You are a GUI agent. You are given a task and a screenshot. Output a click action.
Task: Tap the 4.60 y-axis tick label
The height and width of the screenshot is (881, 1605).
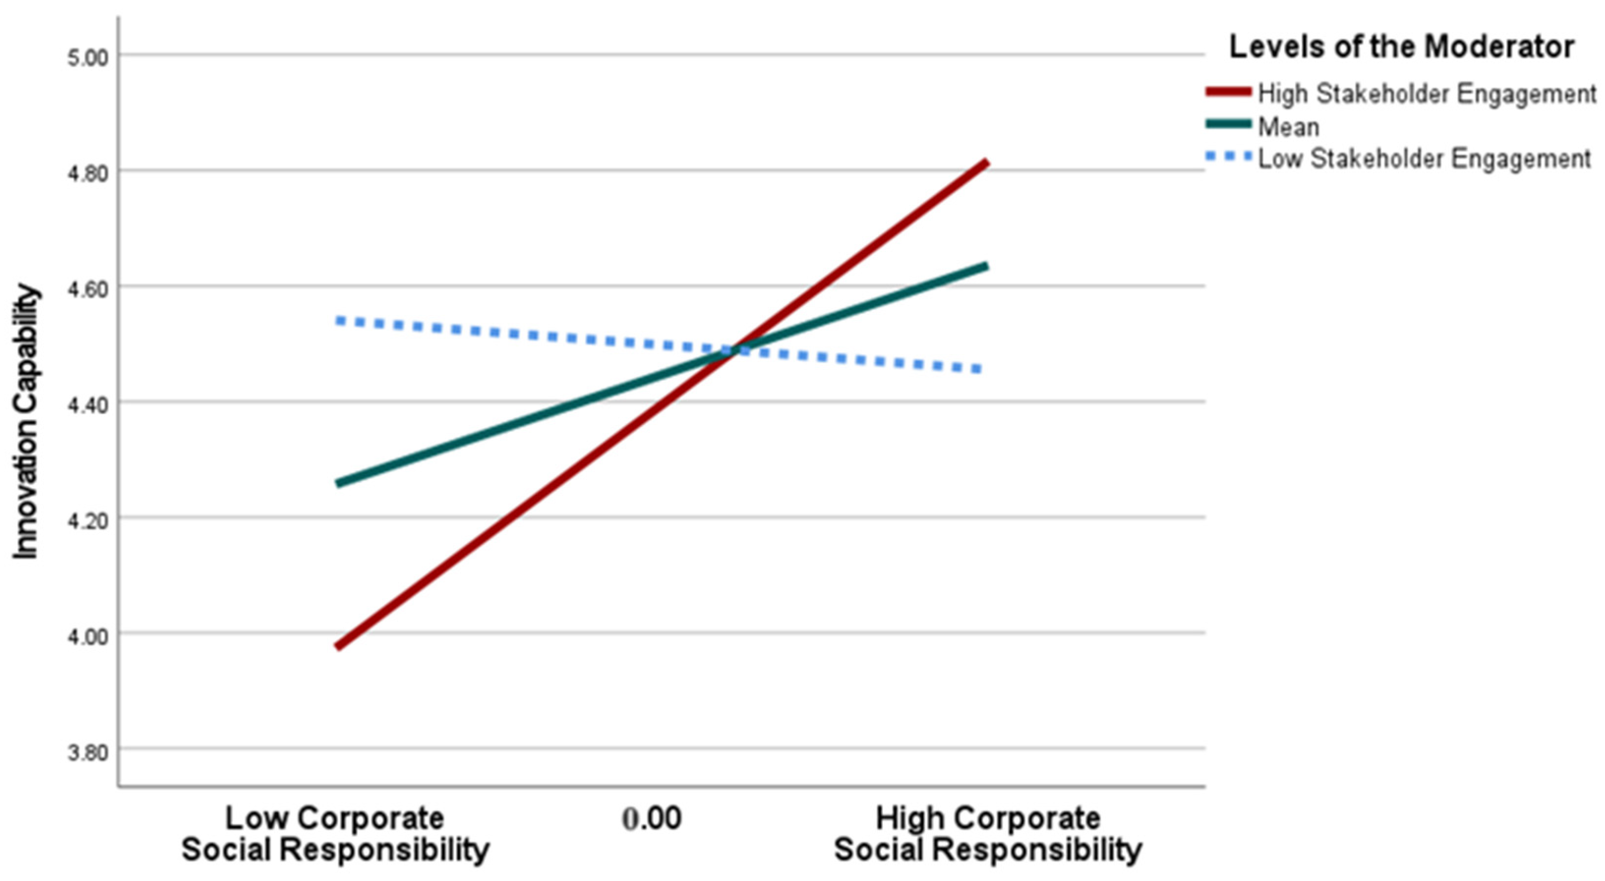coord(87,289)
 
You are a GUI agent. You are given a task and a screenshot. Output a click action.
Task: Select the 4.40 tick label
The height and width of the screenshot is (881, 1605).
coord(87,405)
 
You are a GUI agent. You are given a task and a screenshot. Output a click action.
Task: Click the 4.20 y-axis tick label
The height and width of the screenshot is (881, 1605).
coord(87,520)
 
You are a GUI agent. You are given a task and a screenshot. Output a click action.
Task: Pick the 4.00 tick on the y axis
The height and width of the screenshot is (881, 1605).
coord(87,636)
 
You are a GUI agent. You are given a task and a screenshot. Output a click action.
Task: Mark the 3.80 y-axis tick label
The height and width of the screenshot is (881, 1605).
coord(87,752)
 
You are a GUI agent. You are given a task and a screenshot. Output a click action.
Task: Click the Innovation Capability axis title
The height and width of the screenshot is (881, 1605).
coord(26,422)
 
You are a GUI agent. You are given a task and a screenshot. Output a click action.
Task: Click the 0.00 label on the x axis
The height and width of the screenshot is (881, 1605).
coord(652,819)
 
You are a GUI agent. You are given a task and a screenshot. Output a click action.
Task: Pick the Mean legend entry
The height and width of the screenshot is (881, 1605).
coord(1288,127)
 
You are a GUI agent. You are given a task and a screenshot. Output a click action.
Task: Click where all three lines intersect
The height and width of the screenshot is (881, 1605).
coord(734,350)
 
